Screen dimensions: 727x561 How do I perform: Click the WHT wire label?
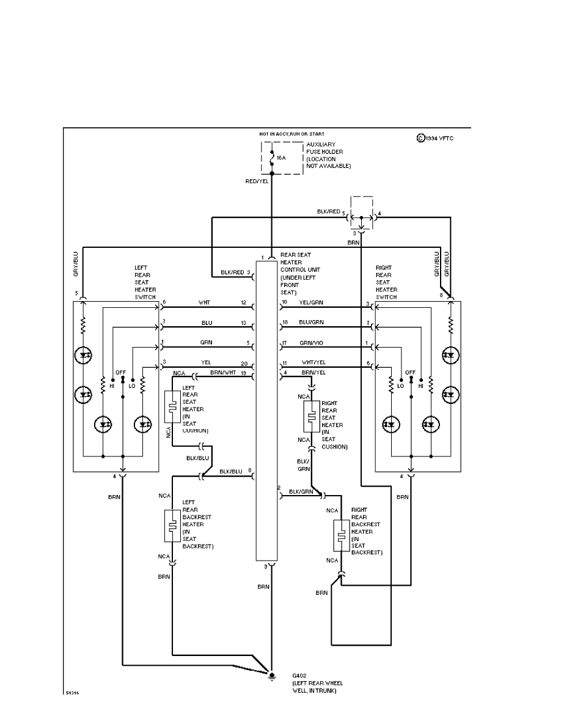pyautogui.click(x=204, y=302)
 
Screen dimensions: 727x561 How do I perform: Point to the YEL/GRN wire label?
pyautogui.click(x=310, y=302)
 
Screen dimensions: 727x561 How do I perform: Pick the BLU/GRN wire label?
pyautogui.click(x=310, y=322)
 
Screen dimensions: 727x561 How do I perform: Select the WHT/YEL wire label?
pyautogui.click(x=310, y=361)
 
